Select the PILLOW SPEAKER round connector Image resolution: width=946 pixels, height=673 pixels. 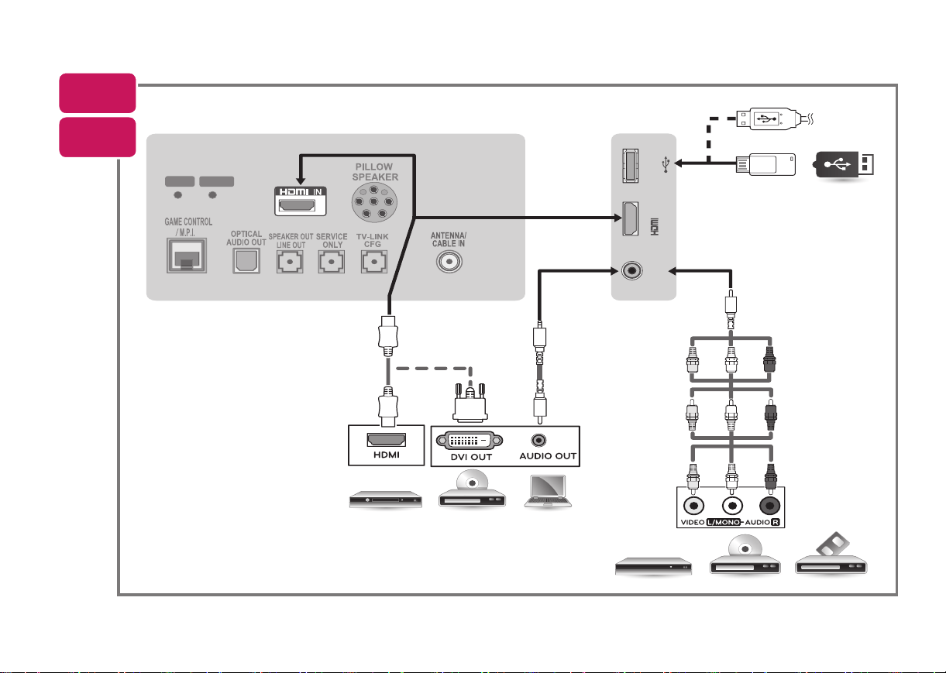pos(374,203)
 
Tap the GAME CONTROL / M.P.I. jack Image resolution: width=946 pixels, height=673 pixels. pos(187,256)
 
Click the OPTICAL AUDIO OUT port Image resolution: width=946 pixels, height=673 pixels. pos(246,260)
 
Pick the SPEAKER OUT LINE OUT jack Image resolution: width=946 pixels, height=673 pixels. pos(290,262)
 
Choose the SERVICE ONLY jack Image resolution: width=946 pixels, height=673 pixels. pos(331,262)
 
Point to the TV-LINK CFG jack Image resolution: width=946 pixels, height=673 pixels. pos(373,262)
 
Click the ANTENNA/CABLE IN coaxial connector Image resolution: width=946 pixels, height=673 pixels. pos(449,262)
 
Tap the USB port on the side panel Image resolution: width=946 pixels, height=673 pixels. pos(631,166)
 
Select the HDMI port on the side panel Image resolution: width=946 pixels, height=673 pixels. pos(631,218)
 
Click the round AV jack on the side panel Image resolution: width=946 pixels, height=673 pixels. pos(631,270)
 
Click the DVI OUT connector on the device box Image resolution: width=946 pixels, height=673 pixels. pos(470,441)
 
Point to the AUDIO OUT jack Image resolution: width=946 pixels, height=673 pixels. pos(538,441)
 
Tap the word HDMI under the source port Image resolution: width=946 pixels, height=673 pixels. pos(387,455)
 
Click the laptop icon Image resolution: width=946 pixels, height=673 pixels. pos(548,491)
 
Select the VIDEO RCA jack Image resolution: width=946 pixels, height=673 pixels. pos(693,506)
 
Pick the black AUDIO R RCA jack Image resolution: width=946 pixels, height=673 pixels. pos(769,506)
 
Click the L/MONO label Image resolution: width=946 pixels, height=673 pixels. pos(724,522)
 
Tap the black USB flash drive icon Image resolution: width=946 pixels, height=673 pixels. pos(843,164)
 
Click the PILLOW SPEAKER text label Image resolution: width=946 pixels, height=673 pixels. pos(374,172)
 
